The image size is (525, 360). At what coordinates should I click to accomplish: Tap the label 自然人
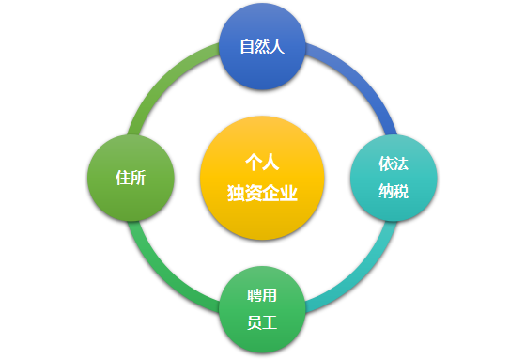click(262, 46)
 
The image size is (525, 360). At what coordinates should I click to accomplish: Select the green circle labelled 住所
click(131, 178)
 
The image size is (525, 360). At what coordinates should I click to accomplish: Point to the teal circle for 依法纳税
click(394, 178)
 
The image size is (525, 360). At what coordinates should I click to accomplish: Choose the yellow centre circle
click(262, 178)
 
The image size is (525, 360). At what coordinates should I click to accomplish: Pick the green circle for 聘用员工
click(262, 309)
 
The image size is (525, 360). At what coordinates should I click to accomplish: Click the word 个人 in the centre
click(262, 162)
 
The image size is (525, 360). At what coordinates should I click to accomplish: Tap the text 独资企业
click(262, 194)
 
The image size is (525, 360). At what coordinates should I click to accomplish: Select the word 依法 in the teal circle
click(394, 163)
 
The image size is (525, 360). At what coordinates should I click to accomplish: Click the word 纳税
click(394, 192)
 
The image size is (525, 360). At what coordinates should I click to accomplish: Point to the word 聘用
click(262, 295)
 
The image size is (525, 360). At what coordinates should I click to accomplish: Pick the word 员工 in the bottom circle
click(262, 323)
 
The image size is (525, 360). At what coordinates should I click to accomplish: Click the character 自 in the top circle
click(247, 46)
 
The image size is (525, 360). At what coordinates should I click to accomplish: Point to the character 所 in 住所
click(138, 178)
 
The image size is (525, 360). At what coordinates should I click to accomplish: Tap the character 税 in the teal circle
click(401, 192)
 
